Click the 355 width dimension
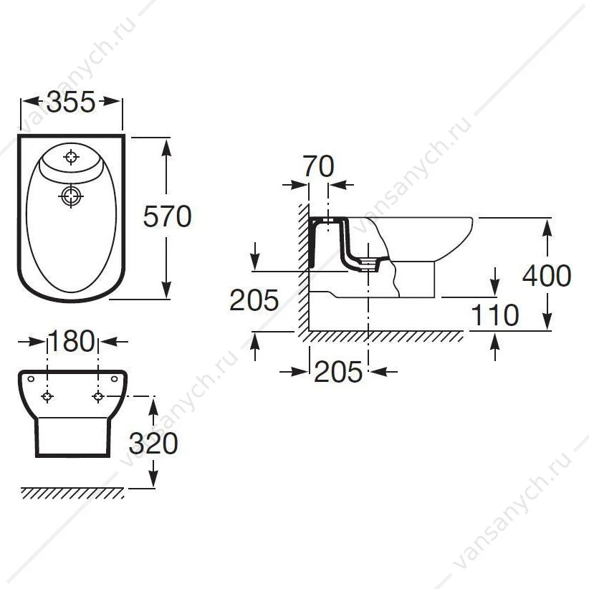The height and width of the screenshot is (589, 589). [71, 102]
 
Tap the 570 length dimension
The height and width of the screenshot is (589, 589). [167, 216]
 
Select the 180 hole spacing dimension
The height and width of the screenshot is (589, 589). [72, 341]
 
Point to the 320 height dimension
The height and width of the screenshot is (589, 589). [153, 444]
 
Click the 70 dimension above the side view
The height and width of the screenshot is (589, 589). [319, 166]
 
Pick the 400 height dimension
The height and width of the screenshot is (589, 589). [547, 275]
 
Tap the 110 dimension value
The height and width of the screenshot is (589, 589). [494, 315]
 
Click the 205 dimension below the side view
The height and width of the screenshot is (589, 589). [338, 372]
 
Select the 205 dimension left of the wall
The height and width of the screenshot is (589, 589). [254, 300]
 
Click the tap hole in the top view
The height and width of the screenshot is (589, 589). [71, 157]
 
